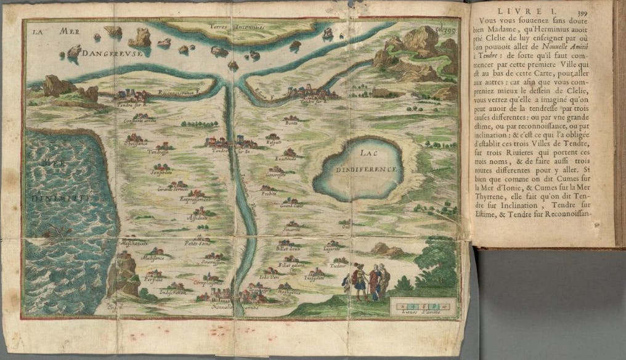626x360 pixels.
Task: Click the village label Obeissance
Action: (x=136, y=144)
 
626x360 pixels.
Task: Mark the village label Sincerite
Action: (x=291, y=229)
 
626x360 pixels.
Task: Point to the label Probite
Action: (x=268, y=193)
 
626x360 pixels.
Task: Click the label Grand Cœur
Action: (x=289, y=207)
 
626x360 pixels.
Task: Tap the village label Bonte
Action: (x=291, y=123)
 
